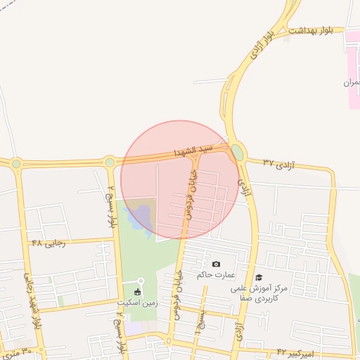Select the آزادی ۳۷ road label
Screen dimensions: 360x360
278,163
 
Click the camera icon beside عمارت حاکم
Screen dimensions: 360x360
215,264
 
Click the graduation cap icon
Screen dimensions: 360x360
259,278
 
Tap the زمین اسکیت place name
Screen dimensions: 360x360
136,302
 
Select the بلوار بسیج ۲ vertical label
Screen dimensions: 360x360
111,205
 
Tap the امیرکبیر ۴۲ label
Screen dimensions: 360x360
297,350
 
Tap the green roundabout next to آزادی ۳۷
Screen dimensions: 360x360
238,152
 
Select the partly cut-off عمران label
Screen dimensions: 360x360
351,83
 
